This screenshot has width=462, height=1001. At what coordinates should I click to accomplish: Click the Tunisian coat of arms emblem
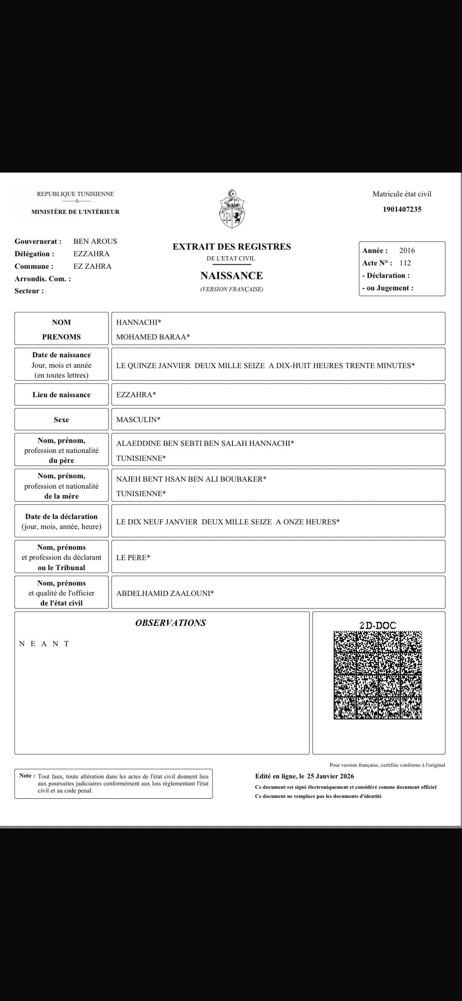(232, 209)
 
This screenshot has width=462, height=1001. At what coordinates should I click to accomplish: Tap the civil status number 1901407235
(402, 209)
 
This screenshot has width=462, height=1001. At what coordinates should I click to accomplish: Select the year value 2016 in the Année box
(407, 251)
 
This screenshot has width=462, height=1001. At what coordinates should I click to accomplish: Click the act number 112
(405, 263)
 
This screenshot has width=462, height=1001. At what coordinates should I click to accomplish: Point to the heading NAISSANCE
(231, 276)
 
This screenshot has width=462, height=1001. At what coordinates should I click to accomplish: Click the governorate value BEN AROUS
(95, 241)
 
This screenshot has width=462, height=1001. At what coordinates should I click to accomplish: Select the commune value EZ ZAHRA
(92, 266)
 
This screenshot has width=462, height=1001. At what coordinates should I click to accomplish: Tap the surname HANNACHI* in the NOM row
(139, 322)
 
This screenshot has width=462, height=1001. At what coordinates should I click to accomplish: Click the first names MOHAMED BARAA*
(153, 337)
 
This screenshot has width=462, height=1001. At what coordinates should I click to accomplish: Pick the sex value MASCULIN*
(138, 420)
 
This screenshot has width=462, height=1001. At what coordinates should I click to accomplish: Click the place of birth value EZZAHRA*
(136, 395)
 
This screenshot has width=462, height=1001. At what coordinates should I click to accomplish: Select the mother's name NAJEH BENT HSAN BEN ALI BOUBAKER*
(191, 479)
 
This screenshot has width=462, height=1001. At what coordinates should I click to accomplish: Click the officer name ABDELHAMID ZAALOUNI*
(165, 593)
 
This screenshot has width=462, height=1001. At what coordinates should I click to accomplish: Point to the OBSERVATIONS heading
(170, 623)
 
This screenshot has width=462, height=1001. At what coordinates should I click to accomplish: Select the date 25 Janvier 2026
(330, 776)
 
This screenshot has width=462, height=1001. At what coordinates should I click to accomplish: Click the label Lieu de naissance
(62, 395)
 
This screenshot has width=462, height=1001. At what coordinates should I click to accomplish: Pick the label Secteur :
(29, 291)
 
